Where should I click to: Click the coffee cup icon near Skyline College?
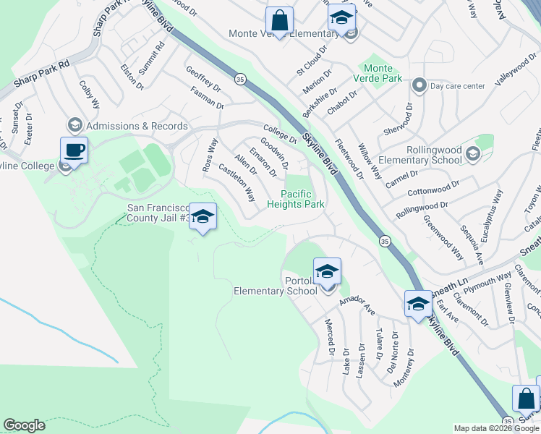[x=74, y=150]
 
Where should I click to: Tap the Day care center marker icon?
[x=419, y=86]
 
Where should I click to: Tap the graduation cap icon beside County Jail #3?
[x=203, y=216]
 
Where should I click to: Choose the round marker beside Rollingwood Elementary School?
[x=472, y=153]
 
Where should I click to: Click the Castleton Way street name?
[x=237, y=184]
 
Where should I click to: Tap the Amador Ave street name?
[x=359, y=303]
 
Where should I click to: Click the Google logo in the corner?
[x=25, y=425]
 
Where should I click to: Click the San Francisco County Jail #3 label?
[x=158, y=213]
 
